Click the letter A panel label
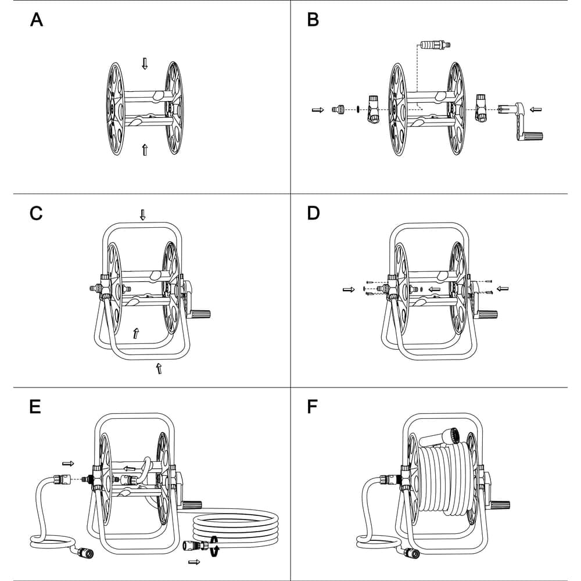pos(36,20)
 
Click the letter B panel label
pos(313,20)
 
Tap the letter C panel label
pos(36,213)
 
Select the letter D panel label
pos(314,213)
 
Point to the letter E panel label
pos(35,407)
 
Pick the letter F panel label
pos(313,407)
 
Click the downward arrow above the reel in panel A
pos(145,63)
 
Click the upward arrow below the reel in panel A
pos(145,150)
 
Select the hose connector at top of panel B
pos(436,46)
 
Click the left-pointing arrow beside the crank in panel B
pos(536,110)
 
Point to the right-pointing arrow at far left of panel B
pos(318,110)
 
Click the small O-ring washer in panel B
pos(358,109)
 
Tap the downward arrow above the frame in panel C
pos(143,214)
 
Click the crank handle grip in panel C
pos(200,314)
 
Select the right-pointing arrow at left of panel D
pos(349,289)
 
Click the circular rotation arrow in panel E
pos(213,546)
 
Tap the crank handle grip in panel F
pos(500,504)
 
